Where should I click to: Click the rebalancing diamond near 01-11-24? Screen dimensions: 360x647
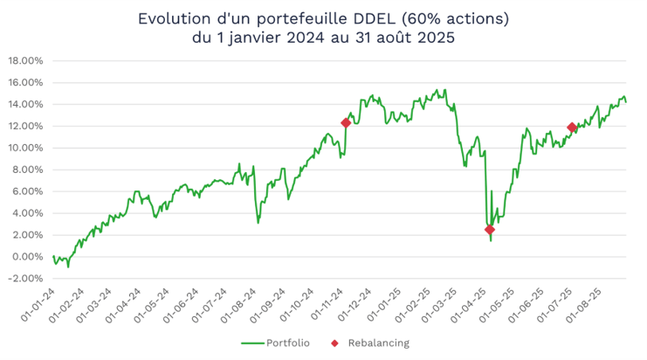point(346,123)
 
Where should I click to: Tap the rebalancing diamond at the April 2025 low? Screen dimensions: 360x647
point(490,229)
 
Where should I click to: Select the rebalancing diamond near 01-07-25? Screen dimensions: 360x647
point(572,128)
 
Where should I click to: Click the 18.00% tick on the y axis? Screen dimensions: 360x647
point(25,61)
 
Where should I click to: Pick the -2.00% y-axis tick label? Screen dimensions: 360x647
point(25,279)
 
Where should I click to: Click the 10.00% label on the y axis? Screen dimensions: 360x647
point(25,148)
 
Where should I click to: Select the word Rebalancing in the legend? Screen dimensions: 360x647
point(378,343)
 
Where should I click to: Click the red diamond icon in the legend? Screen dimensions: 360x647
point(336,343)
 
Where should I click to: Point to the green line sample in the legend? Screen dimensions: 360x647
point(251,343)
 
